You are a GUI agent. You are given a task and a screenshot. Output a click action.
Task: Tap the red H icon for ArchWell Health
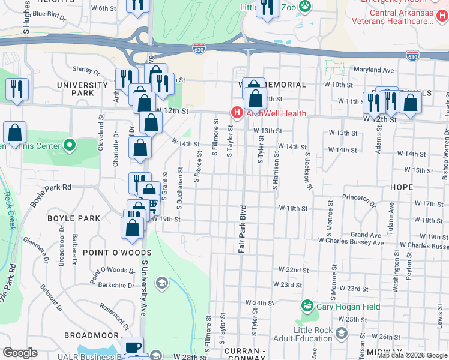[x=237, y=112]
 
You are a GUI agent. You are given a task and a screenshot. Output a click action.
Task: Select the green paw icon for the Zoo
[x=305, y=5]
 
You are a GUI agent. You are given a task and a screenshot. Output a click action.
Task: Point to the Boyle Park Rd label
[x=51, y=196]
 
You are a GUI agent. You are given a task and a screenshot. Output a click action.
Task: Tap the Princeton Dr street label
[x=358, y=197]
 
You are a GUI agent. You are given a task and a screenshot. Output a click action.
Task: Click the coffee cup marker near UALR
[x=132, y=347]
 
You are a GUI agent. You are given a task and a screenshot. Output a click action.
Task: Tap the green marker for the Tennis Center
[x=70, y=145]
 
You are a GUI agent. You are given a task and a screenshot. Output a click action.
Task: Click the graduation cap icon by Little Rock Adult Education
[x=342, y=334]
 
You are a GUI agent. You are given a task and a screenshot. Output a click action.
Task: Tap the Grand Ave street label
[x=366, y=235]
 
